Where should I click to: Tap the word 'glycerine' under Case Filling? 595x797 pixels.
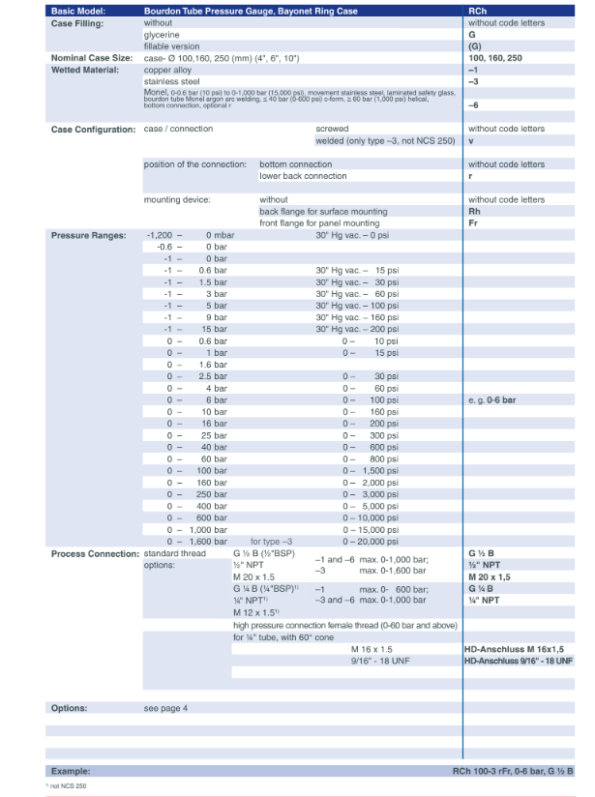(x=163, y=34)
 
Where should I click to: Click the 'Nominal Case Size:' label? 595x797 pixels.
(x=91, y=58)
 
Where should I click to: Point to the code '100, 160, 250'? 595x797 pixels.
(x=494, y=58)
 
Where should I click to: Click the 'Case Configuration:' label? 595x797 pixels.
(x=93, y=129)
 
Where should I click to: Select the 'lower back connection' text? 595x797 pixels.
(x=303, y=176)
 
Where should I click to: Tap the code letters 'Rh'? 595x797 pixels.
(x=474, y=211)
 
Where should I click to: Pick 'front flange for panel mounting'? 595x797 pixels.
(x=319, y=222)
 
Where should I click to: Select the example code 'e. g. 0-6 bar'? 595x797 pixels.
(x=491, y=399)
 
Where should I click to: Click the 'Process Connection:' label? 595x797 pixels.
(x=94, y=553)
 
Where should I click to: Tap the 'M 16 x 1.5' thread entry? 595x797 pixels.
(x=372, y=648)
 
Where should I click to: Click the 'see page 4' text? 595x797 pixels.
(x=165, y=708)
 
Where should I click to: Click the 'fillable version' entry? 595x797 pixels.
(x=171, y=45)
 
